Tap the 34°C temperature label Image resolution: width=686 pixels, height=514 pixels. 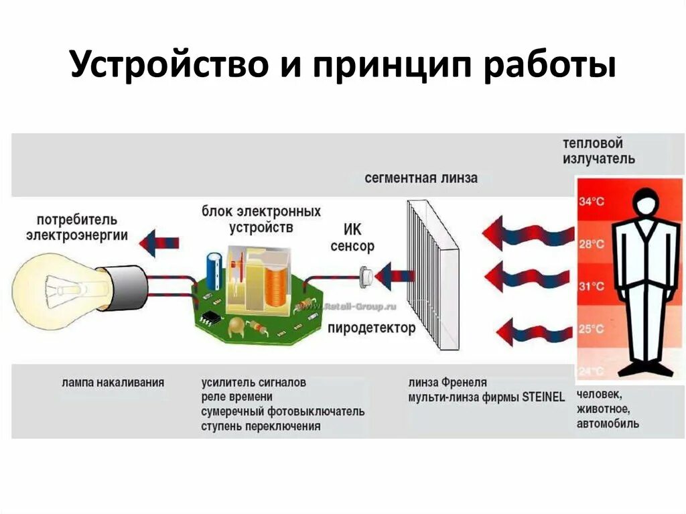pos(592,201)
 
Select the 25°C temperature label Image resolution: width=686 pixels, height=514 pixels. pos(592,329)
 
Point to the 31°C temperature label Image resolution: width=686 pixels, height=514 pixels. pos(592,286)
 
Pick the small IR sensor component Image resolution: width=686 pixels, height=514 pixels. pos(366,274)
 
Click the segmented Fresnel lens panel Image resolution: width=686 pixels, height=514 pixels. pos(432,275)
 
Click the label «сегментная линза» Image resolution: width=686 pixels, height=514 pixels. pos(421,178)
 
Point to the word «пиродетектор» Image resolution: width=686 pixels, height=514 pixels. pos(371,328)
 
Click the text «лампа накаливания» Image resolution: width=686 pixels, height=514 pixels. pos(112,383)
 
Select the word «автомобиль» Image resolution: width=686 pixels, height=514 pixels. pos(608,424)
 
